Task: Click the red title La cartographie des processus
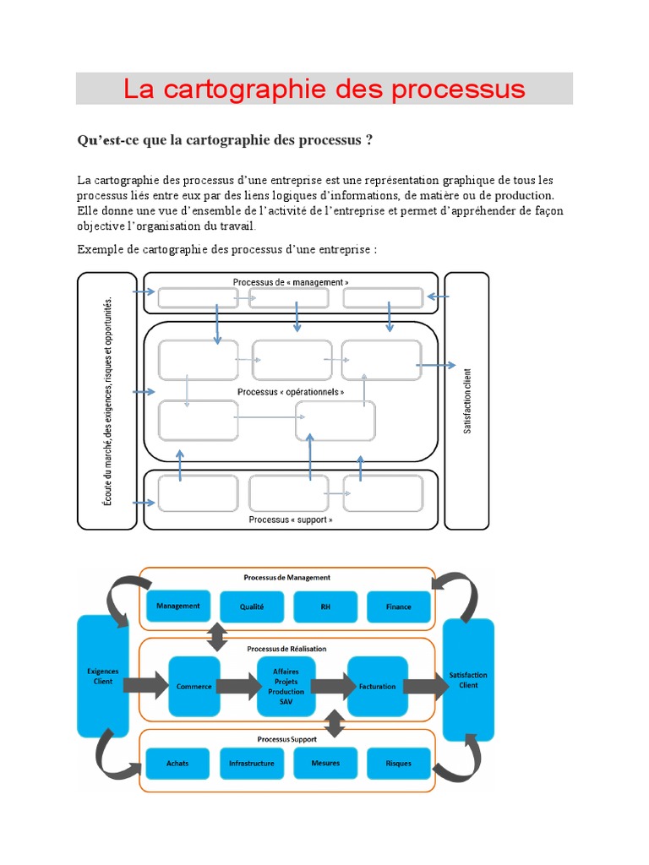point(324,89)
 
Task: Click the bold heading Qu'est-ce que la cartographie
point(225,140)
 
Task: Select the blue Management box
point(178,606)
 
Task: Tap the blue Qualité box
point(252,607)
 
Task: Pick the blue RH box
point(325,607)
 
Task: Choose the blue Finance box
point(399,607)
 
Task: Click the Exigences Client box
point(103,677)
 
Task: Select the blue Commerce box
point(194,686)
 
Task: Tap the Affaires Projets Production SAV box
point(286,686)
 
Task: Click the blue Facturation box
point(377,686)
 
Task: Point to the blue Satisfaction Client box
point(468,680)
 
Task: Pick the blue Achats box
point(177,763)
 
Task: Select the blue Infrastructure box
point(252,763)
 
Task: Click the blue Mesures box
point(325,763)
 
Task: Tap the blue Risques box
point(399,763)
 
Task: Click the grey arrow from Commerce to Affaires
point(239,686)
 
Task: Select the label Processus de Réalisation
point(286,649)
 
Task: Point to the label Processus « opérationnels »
point(291,392)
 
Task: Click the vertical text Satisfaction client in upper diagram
point(468,400)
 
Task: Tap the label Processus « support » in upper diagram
point(291,520)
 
